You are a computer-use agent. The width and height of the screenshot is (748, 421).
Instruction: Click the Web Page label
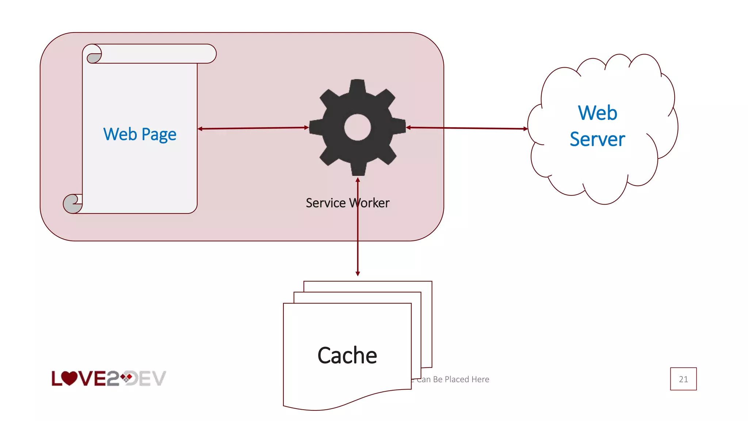coord(140,134)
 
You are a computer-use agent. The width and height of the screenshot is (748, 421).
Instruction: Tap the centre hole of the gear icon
coord(357,127)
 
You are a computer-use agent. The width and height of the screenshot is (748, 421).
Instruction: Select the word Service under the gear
coord(325,203)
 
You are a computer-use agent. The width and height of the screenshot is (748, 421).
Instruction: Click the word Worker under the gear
coord(370,203)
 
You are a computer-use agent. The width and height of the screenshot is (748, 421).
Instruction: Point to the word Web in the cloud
coord(598,113)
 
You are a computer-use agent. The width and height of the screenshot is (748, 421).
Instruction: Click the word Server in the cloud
coord(598,139)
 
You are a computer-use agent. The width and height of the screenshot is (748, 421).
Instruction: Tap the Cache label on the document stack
coord(347,355)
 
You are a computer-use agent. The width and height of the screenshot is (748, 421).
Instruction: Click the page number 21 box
coord(683,379)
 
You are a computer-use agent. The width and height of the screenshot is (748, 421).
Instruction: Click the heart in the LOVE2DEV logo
coord(69,378)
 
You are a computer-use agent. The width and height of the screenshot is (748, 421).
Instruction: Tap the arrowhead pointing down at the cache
coord(358,273)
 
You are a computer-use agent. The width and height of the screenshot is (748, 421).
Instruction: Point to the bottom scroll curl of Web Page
coord(72,204)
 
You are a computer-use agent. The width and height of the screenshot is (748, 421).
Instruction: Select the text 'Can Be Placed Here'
coord(453,379)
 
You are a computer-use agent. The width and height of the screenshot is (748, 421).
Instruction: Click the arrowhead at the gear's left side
coord(306,128)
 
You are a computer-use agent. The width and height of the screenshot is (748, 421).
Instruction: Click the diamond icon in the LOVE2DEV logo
coord(127,378)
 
